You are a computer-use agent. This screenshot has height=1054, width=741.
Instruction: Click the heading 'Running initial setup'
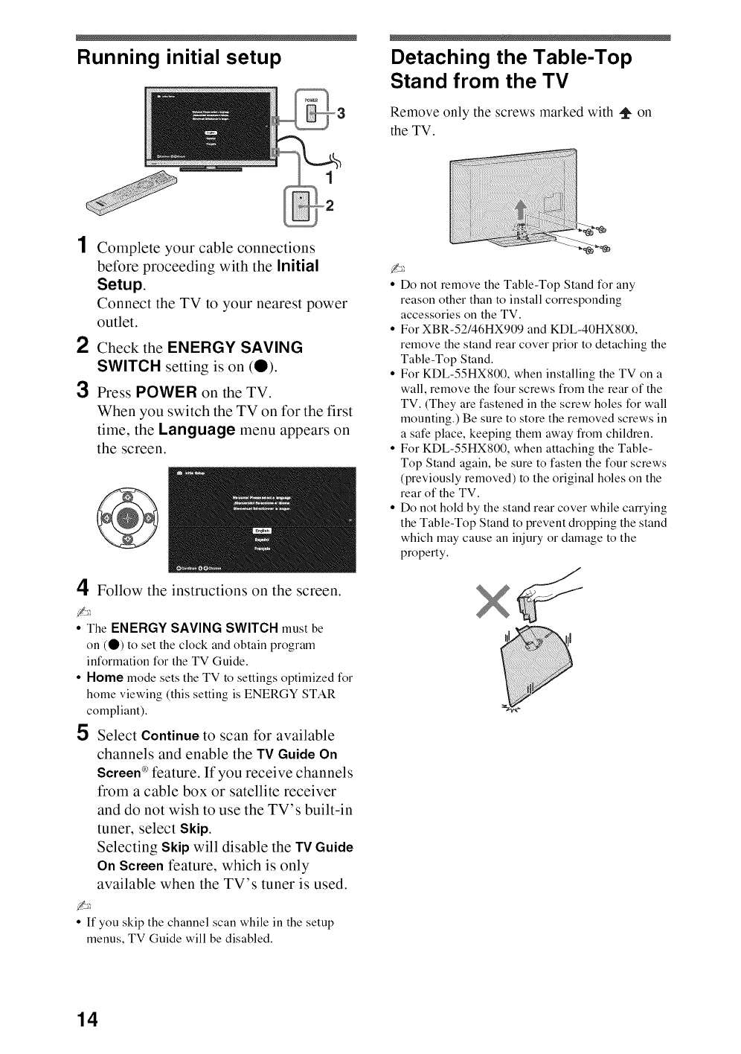click(x=179, y=58)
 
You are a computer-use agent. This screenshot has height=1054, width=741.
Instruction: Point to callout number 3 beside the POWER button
click(x=341, y=114)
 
